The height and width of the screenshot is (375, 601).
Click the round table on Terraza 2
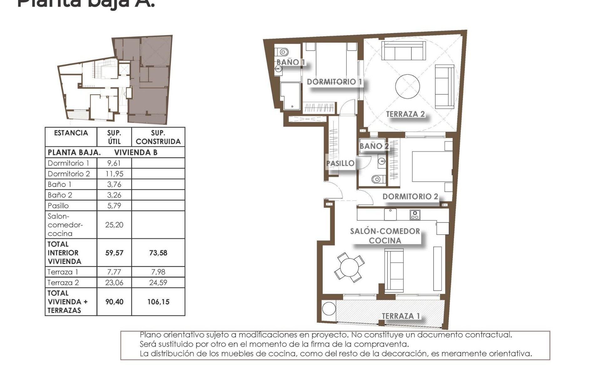[x=407, y=86]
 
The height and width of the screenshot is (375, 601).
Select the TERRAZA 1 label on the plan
[x=401, y=316]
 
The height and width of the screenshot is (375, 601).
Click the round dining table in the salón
[x=349, y=267]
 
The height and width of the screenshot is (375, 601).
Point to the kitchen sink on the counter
[x=390, y=214]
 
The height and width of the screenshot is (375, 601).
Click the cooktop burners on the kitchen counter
[x=415, y=215]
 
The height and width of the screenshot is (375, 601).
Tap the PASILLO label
[x=340, y=163]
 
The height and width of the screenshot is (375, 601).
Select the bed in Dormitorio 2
[x=432, y=166]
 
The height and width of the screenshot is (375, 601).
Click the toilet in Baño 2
[x=377, y=179]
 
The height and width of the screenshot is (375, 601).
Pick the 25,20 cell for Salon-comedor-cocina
[x=114, y=225]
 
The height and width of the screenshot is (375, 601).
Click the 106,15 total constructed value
[x=158, y=302]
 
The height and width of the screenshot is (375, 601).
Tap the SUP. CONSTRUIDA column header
[x=158, y=137]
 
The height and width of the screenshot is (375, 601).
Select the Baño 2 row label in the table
[x=60, y=195]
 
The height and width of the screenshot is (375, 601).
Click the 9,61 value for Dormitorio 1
[x=114, y=163]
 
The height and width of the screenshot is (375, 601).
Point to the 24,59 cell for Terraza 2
[x=158, y=282]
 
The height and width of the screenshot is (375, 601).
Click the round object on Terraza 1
[x=329, y=309]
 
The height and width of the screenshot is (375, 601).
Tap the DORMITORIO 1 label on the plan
[x=334, y=82]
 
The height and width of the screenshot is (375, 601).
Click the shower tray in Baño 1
[x=290, y=96]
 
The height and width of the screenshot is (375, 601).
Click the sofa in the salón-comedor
[x=394, y=271]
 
